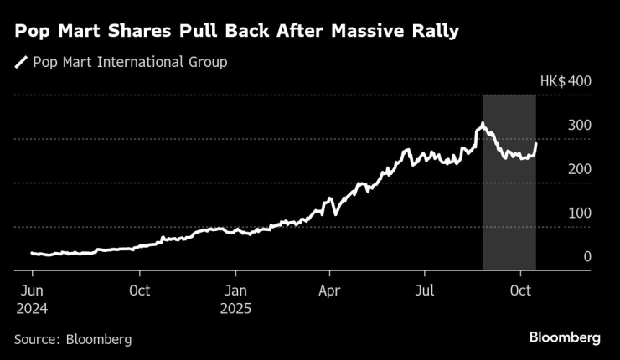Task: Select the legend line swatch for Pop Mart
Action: tap(20, 62)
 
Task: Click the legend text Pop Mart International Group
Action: tap(129, 62)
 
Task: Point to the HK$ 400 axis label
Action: tap(565, 81)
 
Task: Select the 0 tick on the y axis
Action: tap(587, 256)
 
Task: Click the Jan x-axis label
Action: tap(237, 291)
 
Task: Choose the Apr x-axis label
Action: tap(331, 291)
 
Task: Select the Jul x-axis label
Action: tap(426, 291)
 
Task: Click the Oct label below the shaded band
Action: tap(520, 291)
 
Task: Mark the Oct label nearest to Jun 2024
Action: tap(140, 291)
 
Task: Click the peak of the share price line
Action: tap(482, 125)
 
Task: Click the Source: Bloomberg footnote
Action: tap(73, 339)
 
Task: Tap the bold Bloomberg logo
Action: tap(565, 337)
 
